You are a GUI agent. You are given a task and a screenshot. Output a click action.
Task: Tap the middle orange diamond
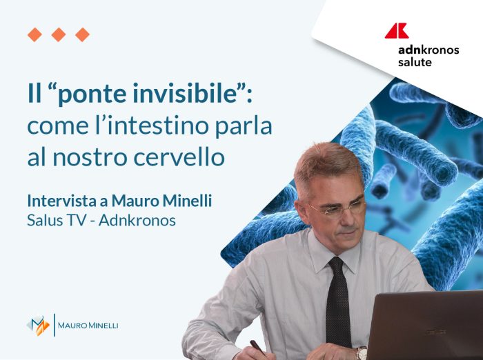click(59, 34)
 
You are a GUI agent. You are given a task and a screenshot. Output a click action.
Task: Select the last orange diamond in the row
click(82, 34)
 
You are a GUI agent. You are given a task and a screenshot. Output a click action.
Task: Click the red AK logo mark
click(396, 30)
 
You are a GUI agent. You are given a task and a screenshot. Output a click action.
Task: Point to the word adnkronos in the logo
click(428, 50)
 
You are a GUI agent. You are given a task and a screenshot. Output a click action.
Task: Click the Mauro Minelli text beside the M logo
click(88, 325)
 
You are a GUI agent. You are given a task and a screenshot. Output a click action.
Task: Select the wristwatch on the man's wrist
click(362, 353)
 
